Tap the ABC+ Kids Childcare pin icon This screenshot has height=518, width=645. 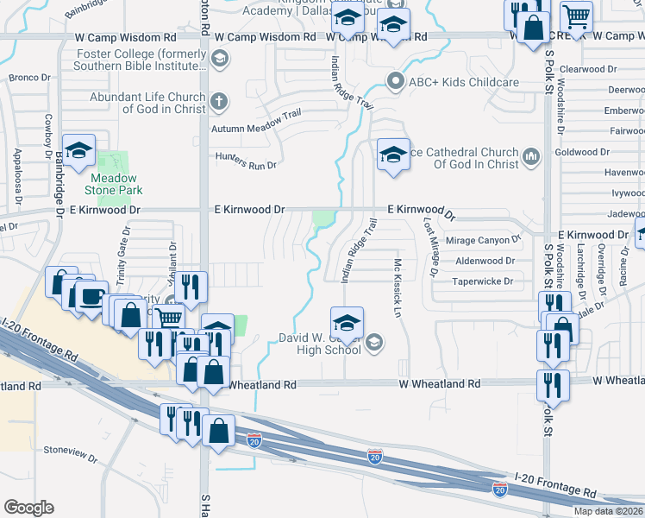pyautogui.click(x=396, y=82)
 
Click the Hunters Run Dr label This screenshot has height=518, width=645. pyautogui.click(x=246, y=164)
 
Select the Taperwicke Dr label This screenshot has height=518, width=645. pyautogui.click(x=484, y=281)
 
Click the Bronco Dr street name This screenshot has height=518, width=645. pyautogui.click(x=29, y=78)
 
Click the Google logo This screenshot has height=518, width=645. pyautogui.click(x=28, y=508)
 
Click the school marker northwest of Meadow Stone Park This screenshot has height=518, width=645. pyautogui.click(x=78, y=150)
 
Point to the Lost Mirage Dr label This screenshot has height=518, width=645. pyautogui.click(x=429, y=247)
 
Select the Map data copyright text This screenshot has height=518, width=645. pyautogui.click(x=608, y=511)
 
